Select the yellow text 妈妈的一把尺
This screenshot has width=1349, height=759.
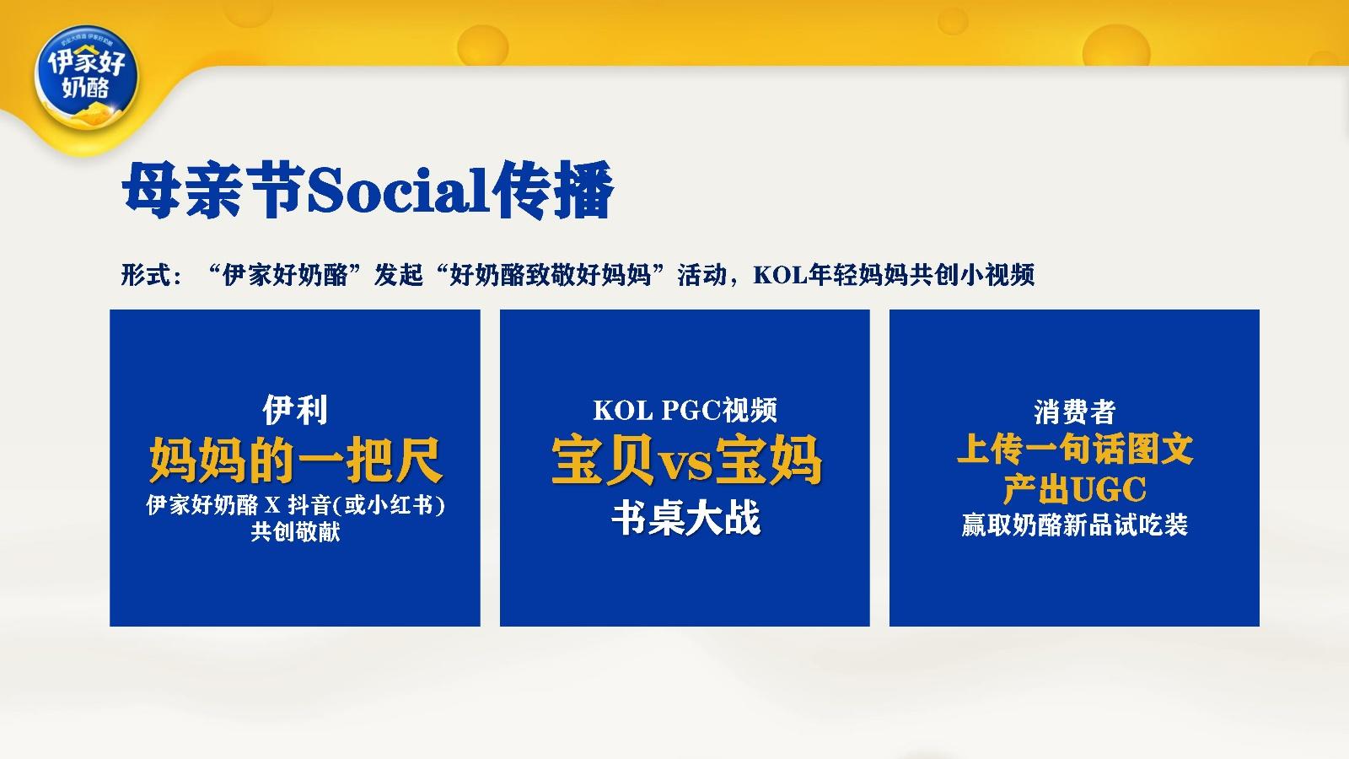pos(295,460)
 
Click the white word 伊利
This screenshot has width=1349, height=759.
pos(295,411)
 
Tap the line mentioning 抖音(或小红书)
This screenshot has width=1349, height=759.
pos(295,505)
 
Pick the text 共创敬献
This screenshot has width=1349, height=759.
pos(295,532)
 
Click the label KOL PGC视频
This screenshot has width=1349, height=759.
pos(685,411)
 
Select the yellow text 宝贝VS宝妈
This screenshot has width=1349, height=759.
pos(685,460)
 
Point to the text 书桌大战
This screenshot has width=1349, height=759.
pos(685,518)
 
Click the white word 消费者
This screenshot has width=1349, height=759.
pos(1075,412)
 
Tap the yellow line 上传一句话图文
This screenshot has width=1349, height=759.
pos(1075,449)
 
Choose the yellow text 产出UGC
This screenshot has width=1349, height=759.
pos(1075,489)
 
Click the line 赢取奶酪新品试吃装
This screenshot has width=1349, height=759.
pos(1075,525)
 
